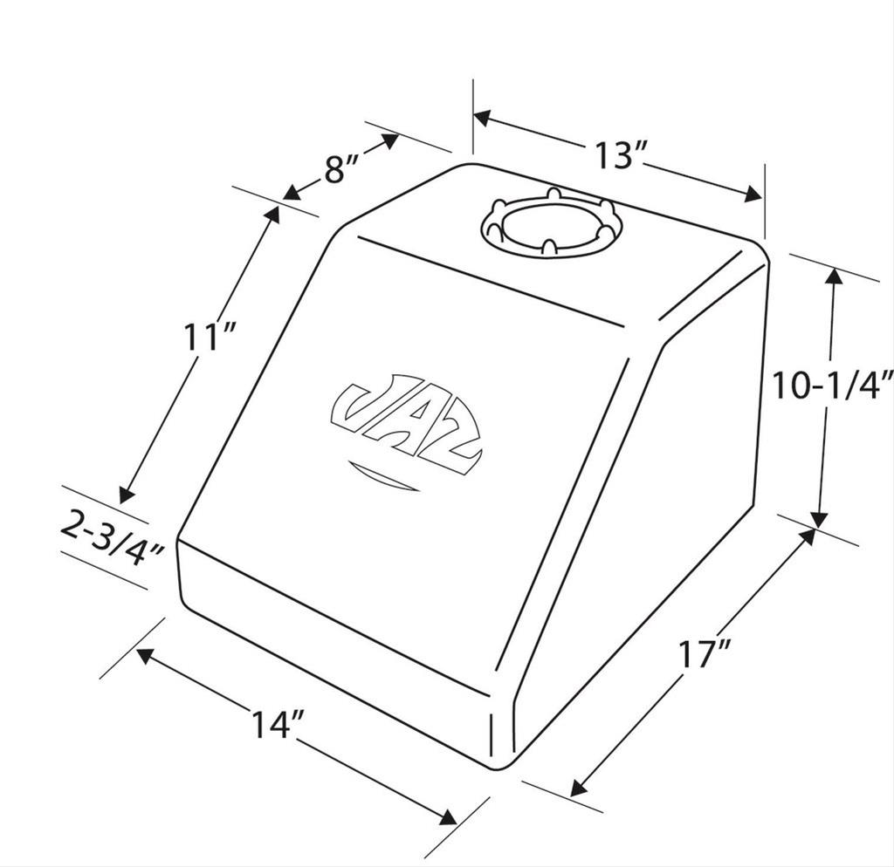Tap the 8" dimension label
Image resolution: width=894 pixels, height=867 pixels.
click(x=343, y=169)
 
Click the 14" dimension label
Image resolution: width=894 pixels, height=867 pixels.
click(x=278, y=725)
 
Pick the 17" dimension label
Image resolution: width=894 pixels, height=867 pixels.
click(x=705, y=653)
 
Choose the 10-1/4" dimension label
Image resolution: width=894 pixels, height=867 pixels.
click(x=831, y=385)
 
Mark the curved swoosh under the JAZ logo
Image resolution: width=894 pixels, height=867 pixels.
click(x=384, y=476)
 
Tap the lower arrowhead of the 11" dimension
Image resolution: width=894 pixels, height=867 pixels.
click(x=127, y=495)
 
